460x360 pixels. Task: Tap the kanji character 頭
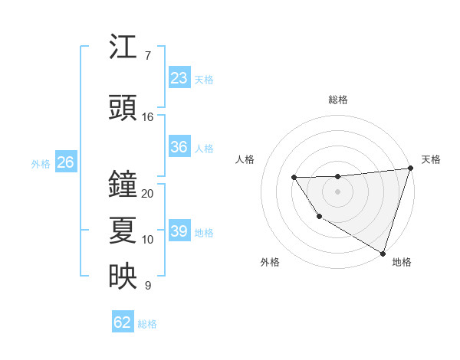[x=123, y=109]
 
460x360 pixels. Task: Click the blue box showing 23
[x=179, y=77]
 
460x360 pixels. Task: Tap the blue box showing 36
[x=179, y=147]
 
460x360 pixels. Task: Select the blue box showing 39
[x=179, y=231]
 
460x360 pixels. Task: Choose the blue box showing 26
[x=66, y=162]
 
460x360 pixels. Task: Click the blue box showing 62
[x=123, y=322]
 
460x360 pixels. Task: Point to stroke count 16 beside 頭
[x=148, y=117]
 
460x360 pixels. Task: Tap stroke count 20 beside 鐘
[x=148, y=194]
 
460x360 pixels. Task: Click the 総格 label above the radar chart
[x=338, y=100]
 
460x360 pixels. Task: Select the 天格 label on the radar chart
[x=431, y=159]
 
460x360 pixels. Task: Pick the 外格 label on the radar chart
[x=270, y=262]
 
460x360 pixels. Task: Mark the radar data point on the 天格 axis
[x=410, y=169]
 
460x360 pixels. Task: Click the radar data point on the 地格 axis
[x=383, y=253]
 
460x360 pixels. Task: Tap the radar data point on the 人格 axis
[x=294, y=178]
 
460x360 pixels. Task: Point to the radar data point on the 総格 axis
[x=337, y=176]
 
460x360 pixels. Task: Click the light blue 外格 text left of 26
[x=41, y=163]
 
